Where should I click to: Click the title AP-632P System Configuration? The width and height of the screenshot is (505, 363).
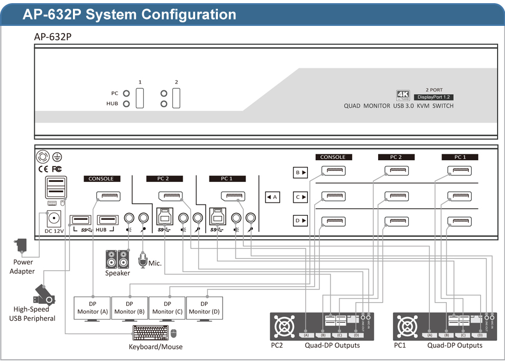(130, 14)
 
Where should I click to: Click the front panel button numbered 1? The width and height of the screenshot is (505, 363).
(140, 98)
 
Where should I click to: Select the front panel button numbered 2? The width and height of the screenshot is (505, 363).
(176, 98)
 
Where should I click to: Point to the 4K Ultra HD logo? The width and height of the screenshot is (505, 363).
(403, 96)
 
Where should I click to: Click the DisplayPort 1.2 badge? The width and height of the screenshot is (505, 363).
(434, 97)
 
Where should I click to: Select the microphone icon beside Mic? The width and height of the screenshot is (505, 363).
(142, 259)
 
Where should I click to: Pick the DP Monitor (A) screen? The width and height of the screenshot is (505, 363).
(91, 308)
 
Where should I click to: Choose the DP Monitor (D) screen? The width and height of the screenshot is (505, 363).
(204, 308)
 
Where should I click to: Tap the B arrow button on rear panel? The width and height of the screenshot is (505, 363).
(300, 172)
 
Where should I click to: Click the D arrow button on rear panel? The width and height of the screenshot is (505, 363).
(300, 220)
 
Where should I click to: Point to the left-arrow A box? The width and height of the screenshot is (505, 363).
(272, 197)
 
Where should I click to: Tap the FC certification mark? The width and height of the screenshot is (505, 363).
(57, 169)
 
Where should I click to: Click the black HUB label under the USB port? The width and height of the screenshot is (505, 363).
(101, 230)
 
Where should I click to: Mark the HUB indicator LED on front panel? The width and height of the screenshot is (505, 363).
(126, 104)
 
